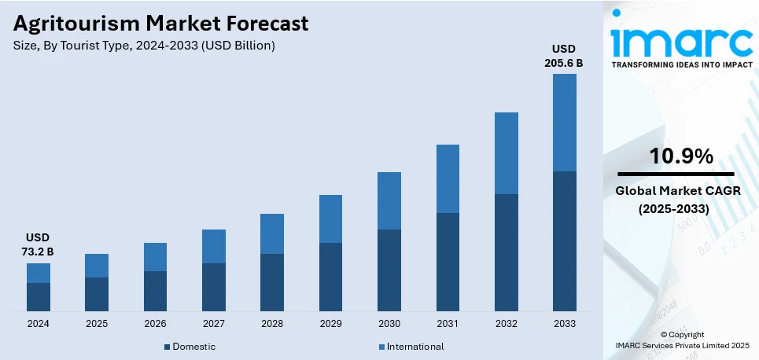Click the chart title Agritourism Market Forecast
click(x=161, y=24)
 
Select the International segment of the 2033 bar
click(x=564, y=123)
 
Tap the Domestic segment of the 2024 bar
click(x=39, y=296)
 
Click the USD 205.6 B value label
click(x=564, y=56)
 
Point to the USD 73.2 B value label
click(x=39, y=244)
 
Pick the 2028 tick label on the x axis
click(x=272, y=324)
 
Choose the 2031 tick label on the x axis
click(x=448, y=324)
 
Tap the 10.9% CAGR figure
click(x=681, y=156)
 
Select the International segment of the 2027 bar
click(x=214, y=246)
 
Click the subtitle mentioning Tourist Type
click(x=144, y=46)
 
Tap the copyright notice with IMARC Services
click(x=682, y=340)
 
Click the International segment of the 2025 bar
click(x=97, y=266)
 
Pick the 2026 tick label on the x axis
click(x=155, y=324)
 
